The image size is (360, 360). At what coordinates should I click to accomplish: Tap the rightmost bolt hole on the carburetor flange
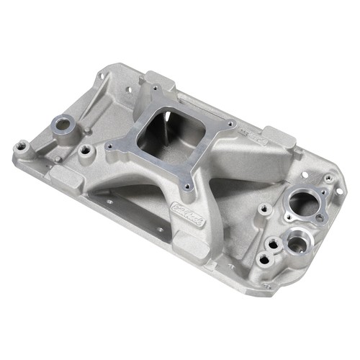pos(231,124)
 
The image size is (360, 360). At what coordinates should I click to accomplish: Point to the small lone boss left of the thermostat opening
pos(265,208)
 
